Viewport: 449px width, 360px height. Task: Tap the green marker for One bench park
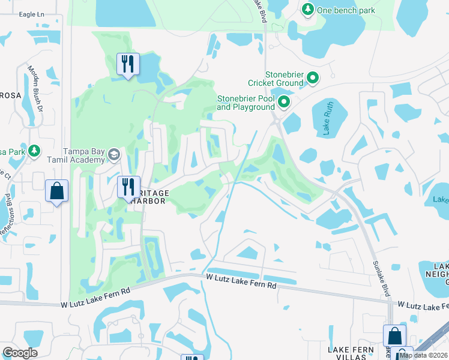coord(308,9)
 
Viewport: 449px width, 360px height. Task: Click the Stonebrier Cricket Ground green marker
coord(313,77)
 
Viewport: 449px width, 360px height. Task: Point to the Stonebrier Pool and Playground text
coord(244,103)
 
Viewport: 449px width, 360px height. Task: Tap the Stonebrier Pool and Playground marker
coord(283,102)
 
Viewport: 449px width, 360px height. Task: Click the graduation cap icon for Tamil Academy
coord(113,155)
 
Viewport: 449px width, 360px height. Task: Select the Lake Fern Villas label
coord(351,353)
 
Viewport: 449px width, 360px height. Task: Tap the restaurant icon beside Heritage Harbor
coord(128,186)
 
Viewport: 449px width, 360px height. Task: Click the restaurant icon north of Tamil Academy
coord(127,64)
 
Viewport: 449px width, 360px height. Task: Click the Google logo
coord(20,353)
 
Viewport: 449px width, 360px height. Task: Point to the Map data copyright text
coord(423,355)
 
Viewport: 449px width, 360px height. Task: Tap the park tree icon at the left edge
coord(34,150)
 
